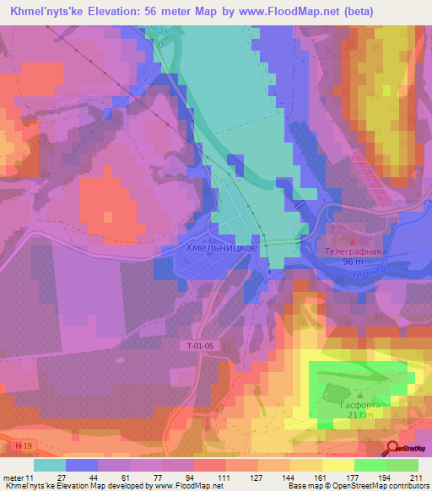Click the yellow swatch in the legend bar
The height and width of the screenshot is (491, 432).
337,465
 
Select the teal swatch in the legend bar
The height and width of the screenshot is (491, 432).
50,465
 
